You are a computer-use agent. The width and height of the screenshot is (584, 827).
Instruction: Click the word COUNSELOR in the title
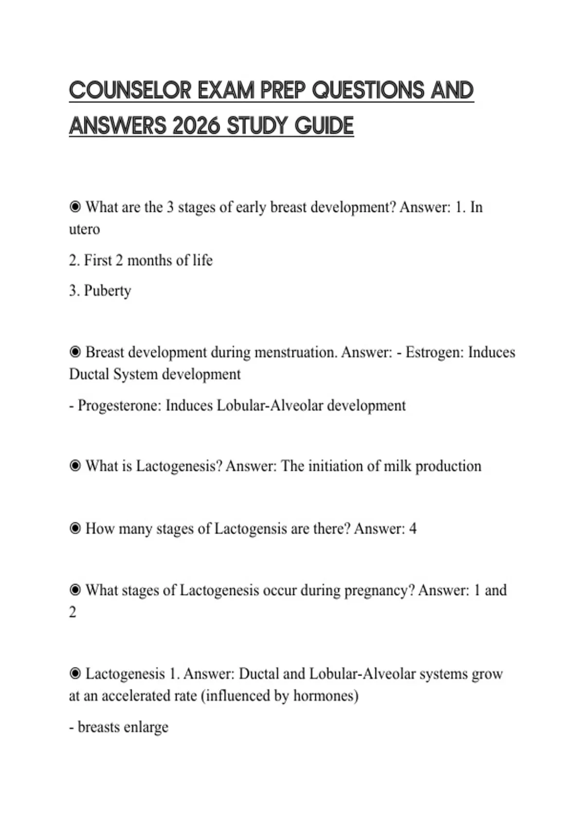point(130,90)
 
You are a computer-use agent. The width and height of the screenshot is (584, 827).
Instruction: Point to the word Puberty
point(108,290)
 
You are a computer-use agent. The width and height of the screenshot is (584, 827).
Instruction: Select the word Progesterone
point(119,405)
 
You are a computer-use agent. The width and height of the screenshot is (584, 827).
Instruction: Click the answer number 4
point(413,528)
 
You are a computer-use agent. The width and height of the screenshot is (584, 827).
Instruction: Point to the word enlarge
point(146,727)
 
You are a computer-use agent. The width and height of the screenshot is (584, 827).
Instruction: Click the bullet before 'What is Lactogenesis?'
point(75,466)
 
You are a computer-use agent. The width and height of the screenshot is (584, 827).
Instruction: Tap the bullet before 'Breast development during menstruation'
point(75,352)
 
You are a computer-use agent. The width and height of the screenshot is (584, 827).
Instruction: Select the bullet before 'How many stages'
point(75,528)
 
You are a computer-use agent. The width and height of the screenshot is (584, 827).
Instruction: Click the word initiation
point(336,466)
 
